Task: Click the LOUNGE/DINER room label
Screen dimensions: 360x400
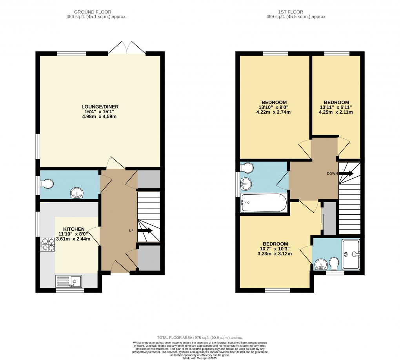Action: pos(100,107)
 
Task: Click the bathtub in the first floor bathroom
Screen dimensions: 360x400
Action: pos(264,203)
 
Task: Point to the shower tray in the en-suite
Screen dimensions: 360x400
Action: pos(351,254)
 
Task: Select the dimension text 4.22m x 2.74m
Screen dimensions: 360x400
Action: pos(275,112)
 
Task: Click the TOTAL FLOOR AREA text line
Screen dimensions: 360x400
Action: pos(200,338)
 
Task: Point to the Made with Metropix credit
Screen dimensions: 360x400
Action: pos(200,358)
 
